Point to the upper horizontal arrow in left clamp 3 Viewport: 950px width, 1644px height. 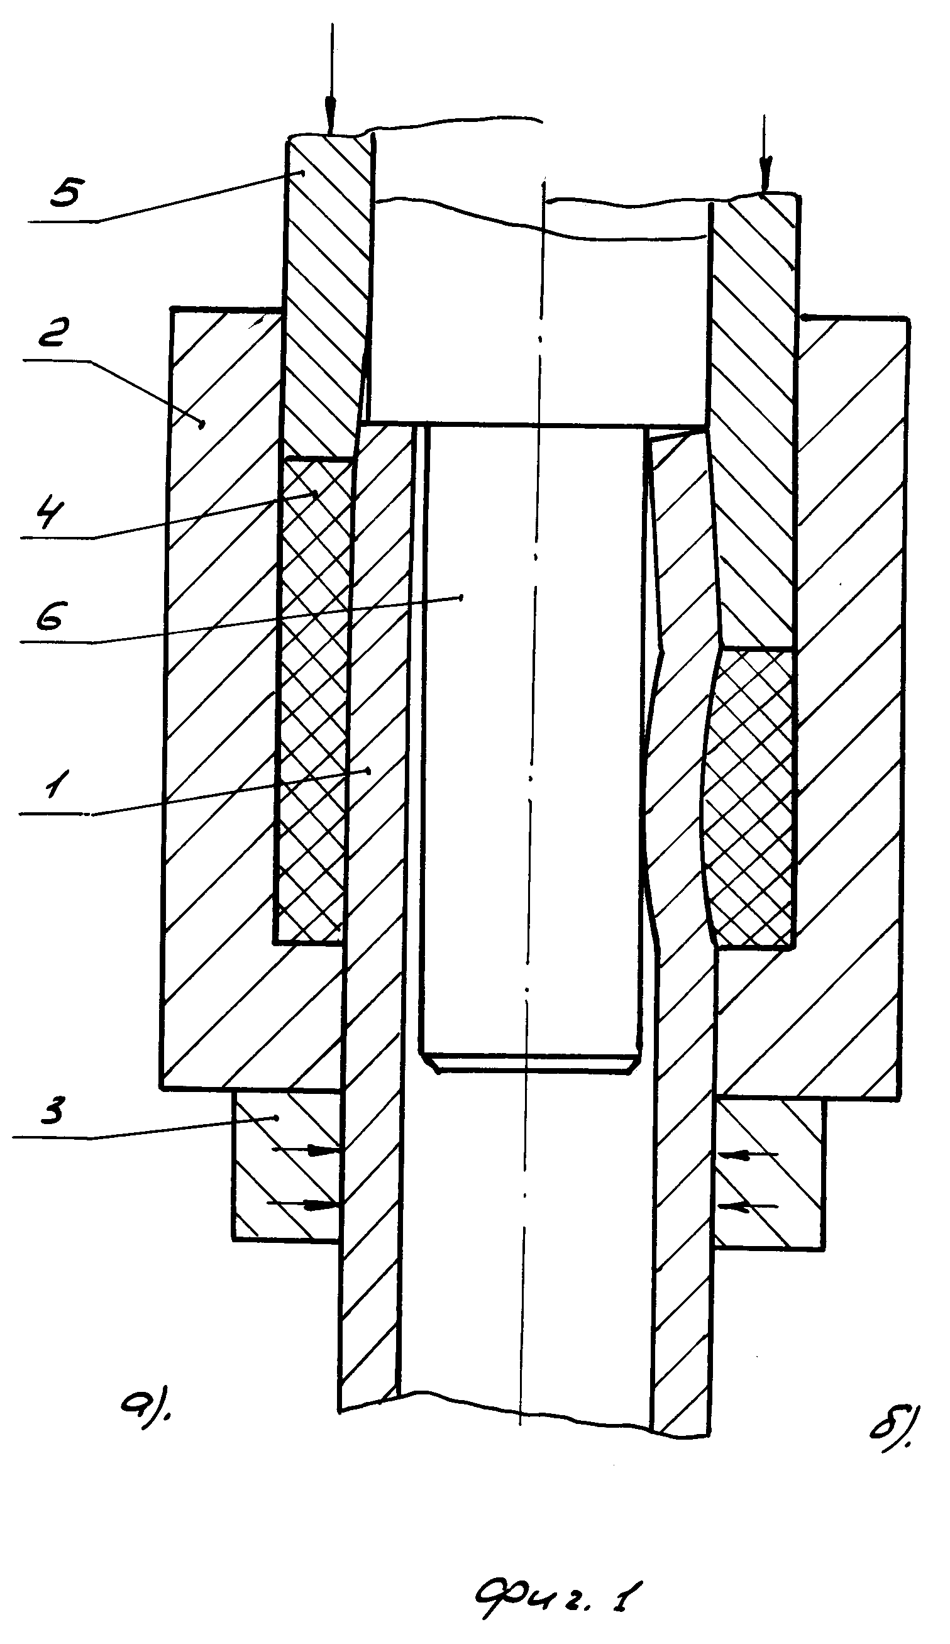click(306, 1152)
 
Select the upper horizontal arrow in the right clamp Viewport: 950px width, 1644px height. click(748, 1154)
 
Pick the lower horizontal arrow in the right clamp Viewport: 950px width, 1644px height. click(748, 1206)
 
